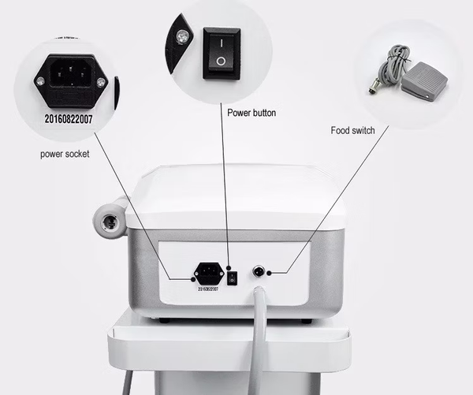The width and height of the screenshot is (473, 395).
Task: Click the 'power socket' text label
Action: tap(65, 154)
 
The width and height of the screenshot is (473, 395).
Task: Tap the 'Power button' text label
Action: tap(251, 113)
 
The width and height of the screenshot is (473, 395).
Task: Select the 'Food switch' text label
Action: tap(353, 130)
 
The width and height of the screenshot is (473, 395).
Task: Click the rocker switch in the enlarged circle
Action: tap(222, 52)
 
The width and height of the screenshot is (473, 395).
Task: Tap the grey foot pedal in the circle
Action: tap(423, 84)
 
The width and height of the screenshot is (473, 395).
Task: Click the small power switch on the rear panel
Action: tap(231, 277)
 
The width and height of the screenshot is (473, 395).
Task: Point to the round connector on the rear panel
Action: tap(258, 272)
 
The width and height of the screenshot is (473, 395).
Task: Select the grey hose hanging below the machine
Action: tap(259, 339)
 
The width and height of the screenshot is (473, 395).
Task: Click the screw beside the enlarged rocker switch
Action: tap(183, 36)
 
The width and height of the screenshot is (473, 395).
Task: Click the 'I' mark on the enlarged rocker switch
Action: tap(222, 40)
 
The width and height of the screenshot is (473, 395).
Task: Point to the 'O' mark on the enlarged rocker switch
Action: tap(222, 61)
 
